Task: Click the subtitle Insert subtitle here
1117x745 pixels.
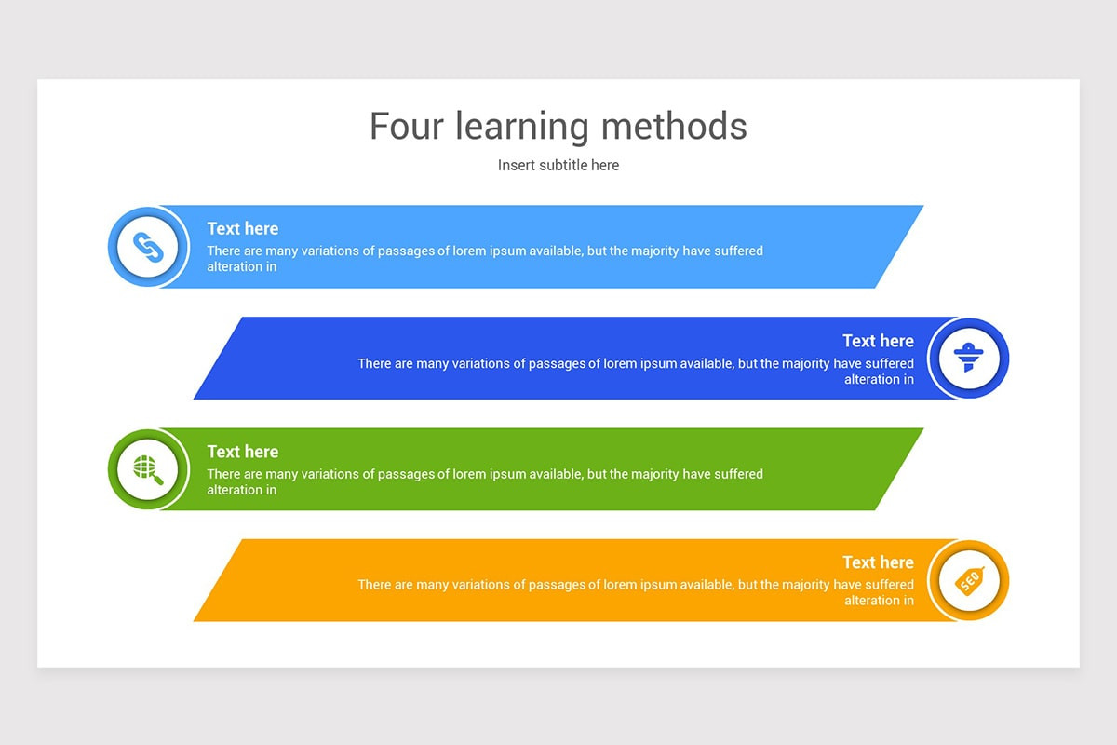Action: pyautogui.click(x=558, y=165)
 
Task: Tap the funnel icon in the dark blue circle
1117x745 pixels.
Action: pyautogui.click(x=969, y=359)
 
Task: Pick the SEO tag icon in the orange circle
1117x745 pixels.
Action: pyautogui.click(x=969, y=581)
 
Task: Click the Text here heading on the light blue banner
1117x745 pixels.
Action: pyautogui.click(x=242, y=228)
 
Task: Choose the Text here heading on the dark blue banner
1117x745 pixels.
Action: pyautogui.click(x=878, y=341)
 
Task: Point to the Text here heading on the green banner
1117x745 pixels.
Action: pyautogui.click(x=242, y=452)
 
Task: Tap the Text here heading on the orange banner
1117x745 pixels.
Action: pyautogui.click(x=878, y=562)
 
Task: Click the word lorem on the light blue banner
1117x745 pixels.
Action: pyautogui.click(x=470, y=251)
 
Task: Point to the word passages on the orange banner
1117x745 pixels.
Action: pyautogui.click(x=558, y=585)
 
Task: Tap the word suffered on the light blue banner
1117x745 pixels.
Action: pyautogui.click(x=739, y=251)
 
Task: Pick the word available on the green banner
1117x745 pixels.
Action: pyautogui.click(x=555, y=474)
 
